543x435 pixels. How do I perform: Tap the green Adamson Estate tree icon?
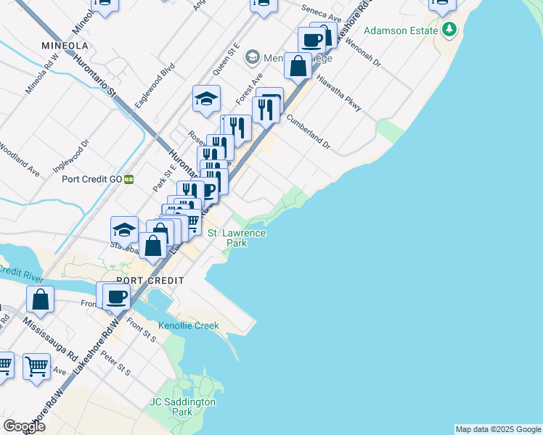(x=451, y=30)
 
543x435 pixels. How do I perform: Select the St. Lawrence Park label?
(x=237, y=238)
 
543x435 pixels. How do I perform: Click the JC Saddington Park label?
(x=182, y=406)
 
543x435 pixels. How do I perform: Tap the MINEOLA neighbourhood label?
(x=65, y=45)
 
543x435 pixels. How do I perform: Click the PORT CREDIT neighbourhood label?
(x=154, y=280)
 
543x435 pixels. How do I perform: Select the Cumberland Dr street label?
(x=309, y=132)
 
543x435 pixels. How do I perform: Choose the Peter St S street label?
(x=115, y=363)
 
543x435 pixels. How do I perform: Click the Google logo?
(x=24, y=426)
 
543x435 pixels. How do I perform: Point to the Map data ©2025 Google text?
(x=498, y=429)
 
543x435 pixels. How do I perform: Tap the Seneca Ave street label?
(x=322, y=15)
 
